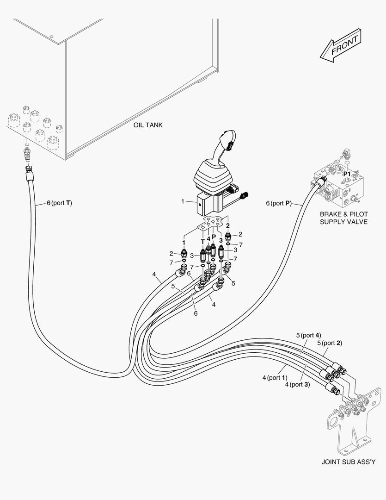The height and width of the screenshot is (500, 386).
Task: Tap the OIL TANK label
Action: (148, 125)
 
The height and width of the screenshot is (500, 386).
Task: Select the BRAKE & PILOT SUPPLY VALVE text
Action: (343, 218)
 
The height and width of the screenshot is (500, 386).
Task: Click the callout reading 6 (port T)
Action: (59, 203)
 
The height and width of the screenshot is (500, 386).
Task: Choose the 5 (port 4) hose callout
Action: (308, 335)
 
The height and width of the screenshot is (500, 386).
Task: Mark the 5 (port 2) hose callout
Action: (329, 343)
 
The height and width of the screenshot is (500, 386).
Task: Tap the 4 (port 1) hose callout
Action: (275, 378)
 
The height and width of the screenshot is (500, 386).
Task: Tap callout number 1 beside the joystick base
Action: (183, 201)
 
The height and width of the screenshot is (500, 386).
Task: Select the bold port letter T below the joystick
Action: (202, 241)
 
